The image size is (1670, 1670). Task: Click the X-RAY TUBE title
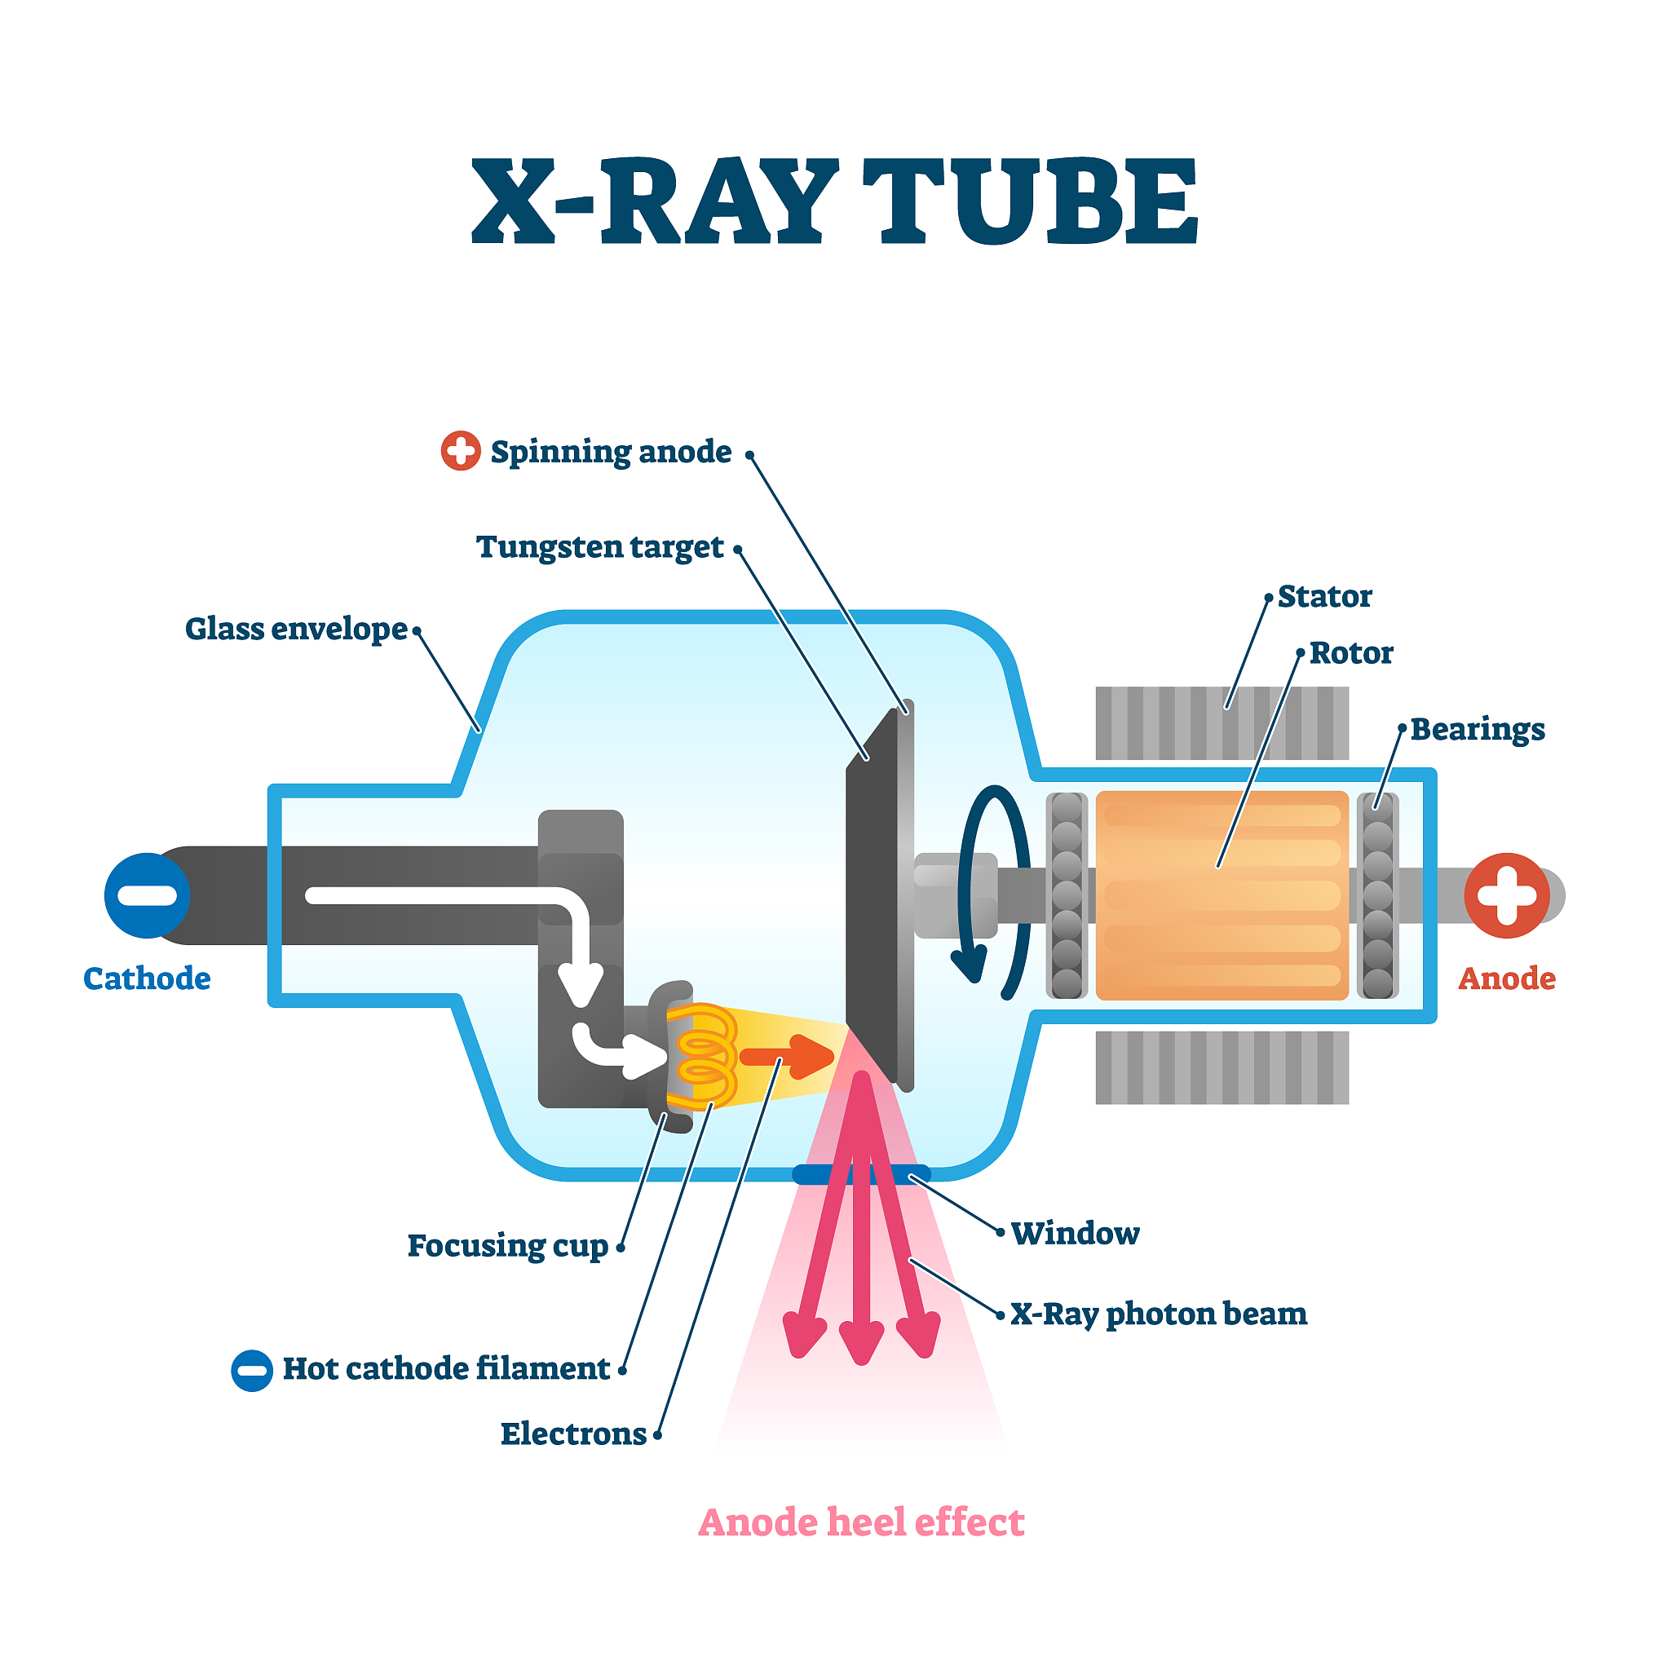click(x=834, y=201)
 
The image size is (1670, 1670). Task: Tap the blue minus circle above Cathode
click(x=147, y=895)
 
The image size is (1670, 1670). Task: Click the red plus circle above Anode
click(x=1507, y=895)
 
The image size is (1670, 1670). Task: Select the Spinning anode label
click(x=610, y=452)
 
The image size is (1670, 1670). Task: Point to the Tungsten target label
click(x=600, y=547)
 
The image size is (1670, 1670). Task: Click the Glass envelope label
click(x=297, y=630)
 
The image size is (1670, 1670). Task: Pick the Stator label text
click(x=1324, y=596)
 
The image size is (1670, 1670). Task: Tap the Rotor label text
click(x=1351, y=652)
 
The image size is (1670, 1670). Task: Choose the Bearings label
click(x=1478, y=730)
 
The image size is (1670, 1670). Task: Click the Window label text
click(x=1076, y=1233)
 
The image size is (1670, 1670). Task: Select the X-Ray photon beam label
click(x=1158, y=1314)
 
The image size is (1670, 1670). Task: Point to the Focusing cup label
click(x=508, y=1247)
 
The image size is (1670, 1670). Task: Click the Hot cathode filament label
click(x=446, y=1368)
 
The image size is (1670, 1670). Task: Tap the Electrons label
click(x=573, y=1434)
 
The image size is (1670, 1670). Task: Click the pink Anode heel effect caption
click(x=861, y=1522)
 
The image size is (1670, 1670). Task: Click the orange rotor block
click(x=1222, y=895)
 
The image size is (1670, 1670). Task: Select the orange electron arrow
click(x=787, y=1056)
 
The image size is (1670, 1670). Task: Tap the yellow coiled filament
click(x=702, y=1056)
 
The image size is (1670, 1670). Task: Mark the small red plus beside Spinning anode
click(x=461, y=450)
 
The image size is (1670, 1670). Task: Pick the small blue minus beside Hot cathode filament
click(x=251, y=1370)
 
